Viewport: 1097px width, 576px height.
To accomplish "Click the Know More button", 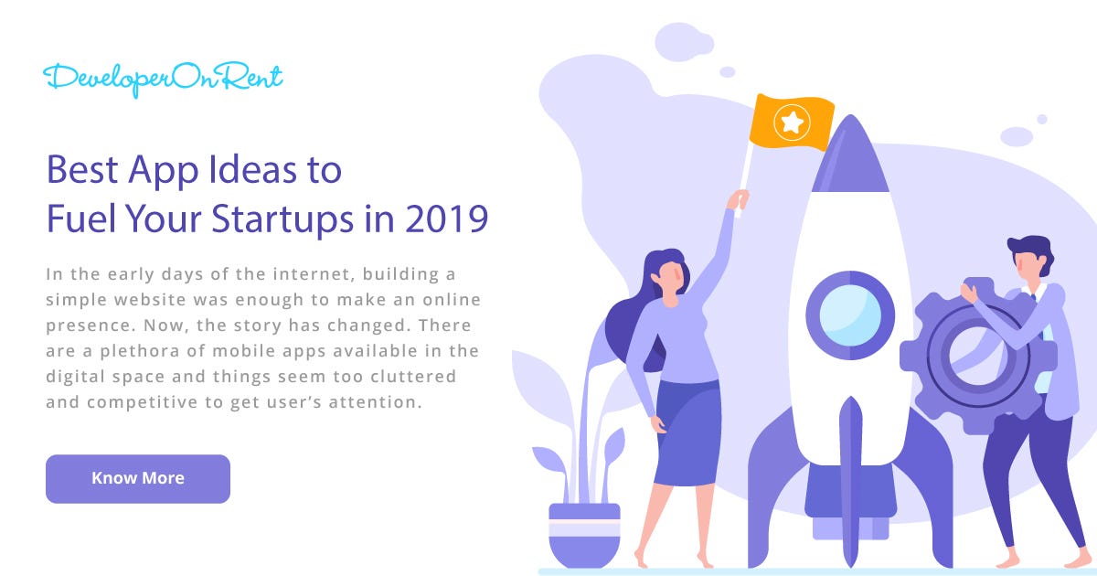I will point(137,478).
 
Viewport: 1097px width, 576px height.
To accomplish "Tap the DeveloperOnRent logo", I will point(163,79).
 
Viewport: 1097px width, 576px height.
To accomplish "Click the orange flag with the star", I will point(792,122).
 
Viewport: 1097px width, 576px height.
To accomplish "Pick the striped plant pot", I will point(584,535).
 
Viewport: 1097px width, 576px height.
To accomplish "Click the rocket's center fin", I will point(850,475).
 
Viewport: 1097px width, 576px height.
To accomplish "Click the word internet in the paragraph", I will point(298,274).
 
